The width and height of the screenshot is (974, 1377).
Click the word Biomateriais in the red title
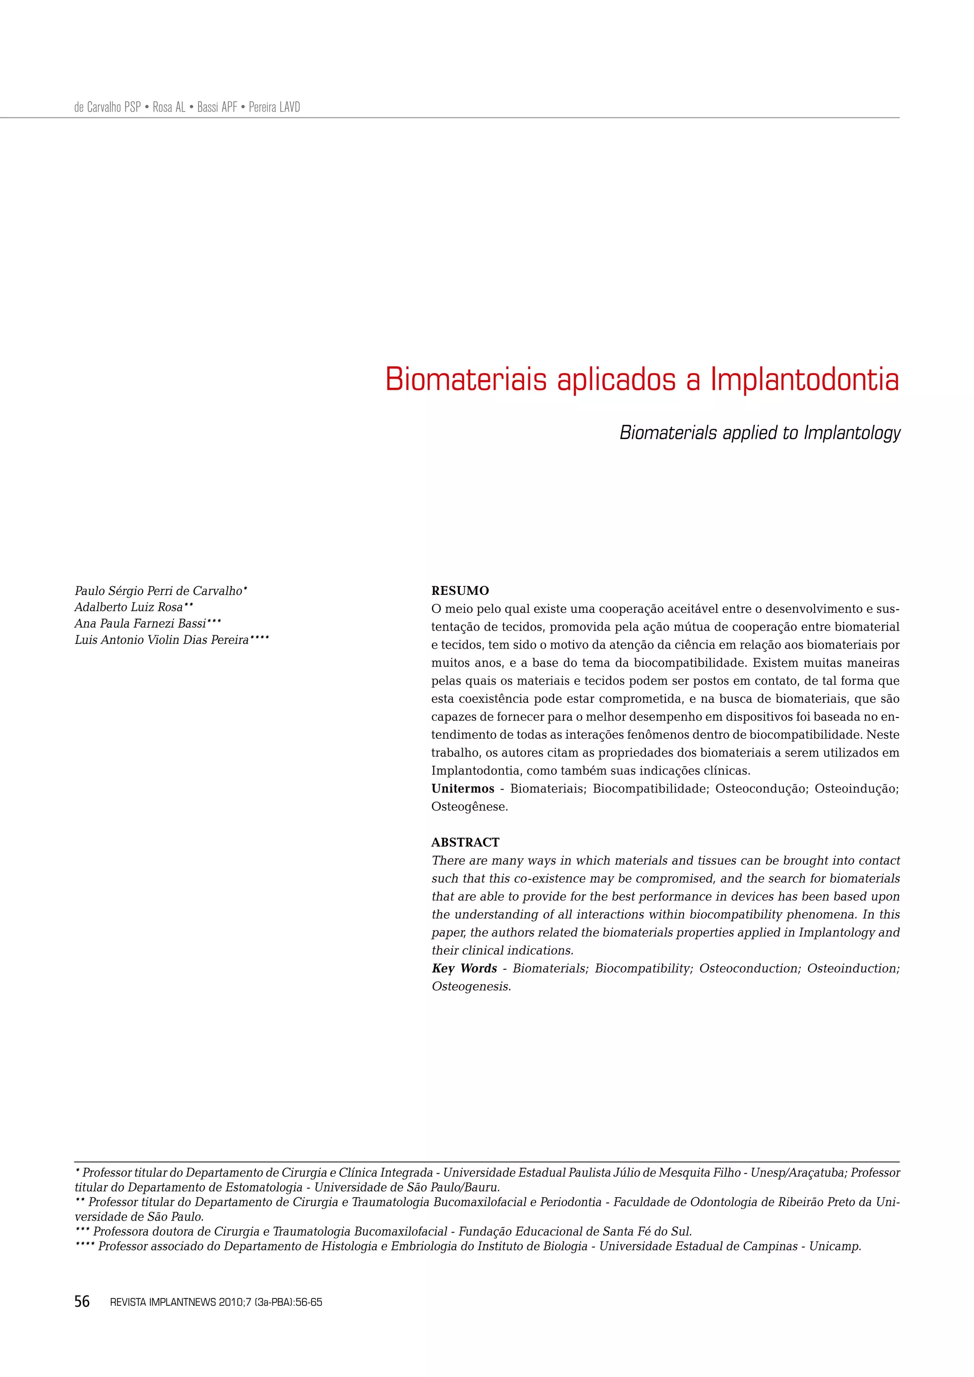(466, 380)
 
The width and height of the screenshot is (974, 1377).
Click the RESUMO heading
(460, 591)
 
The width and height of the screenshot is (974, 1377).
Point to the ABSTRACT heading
(465, 842)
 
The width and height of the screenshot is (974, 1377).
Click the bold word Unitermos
(463, 789)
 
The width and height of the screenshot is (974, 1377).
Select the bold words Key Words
(465, 968)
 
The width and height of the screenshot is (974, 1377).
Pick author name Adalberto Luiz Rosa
(128, 607)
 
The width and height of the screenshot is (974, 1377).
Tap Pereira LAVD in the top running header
(274, 107)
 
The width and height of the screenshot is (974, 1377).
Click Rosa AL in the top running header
(169, 107)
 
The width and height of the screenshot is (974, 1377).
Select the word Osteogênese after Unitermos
(469, 807)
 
